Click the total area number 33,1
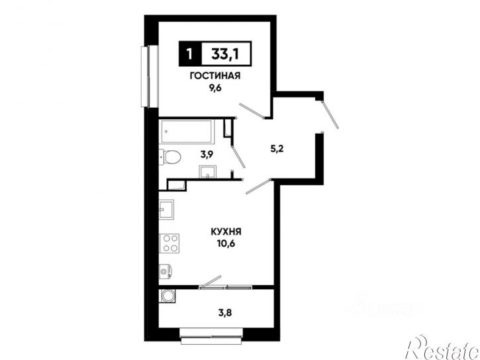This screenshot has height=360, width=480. (225, 55)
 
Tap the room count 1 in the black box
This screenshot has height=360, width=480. (190, 54)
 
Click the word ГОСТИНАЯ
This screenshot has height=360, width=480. (215, 76)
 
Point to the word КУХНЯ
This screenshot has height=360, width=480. (226, 232)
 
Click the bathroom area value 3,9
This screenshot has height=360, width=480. (207, 154)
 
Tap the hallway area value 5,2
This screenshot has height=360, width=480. (277, 149)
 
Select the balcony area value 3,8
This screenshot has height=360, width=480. (224, 313)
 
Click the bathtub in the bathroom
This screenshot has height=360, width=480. (187, 132)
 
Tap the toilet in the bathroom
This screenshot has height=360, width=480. (170, 157)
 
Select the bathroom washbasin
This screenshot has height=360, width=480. (207, 171)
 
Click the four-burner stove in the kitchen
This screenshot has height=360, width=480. (169, 243)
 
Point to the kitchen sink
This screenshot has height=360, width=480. (167, 210)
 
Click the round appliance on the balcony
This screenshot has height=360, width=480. (167, 296)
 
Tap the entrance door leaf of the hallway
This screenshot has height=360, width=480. (330, 114)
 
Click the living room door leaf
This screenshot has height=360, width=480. (252, 111)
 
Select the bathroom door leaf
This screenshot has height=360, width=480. (238, 157)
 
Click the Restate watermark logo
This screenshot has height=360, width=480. (442, 348)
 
